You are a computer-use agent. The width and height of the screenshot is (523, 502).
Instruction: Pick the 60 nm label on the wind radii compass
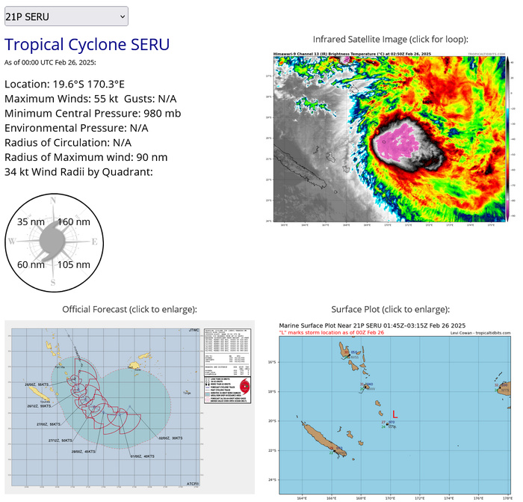coord(31,264)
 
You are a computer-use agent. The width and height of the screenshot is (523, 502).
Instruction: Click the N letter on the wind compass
coord(52,201)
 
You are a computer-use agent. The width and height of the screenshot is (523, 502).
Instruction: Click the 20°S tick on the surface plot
coord(273,421)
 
